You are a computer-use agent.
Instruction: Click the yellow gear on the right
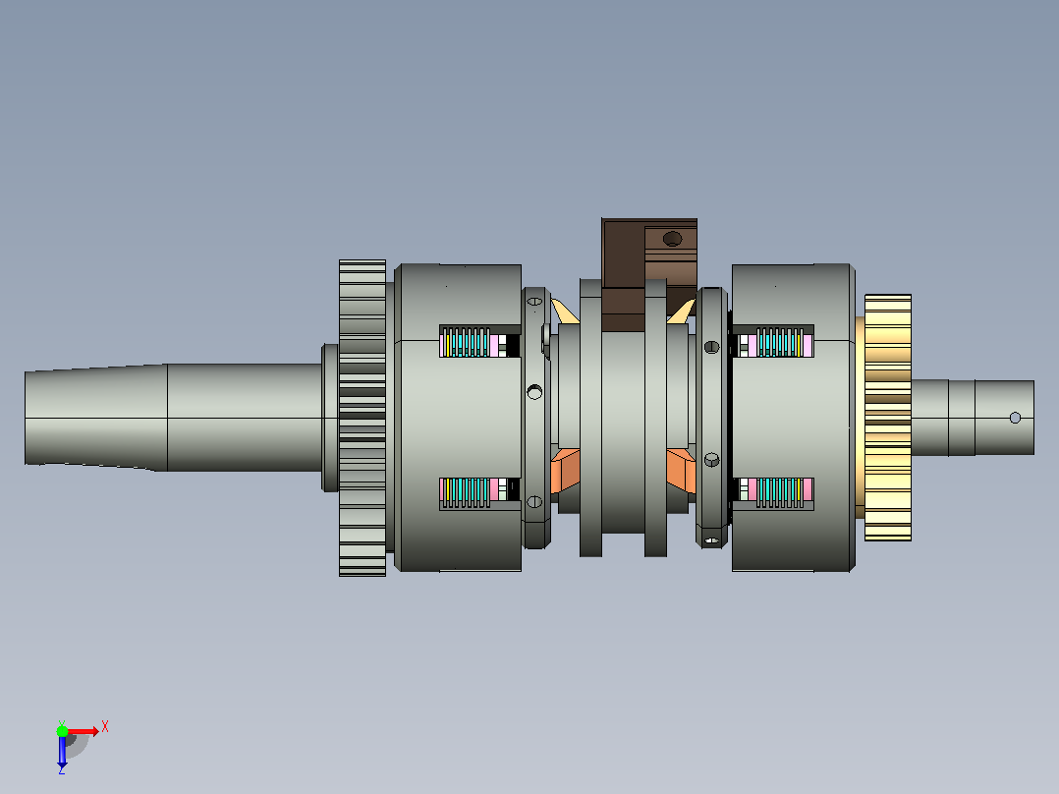(x=887, y=417)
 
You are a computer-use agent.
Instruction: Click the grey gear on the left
(x=362, y=418)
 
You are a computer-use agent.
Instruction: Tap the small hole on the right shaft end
(x=1015, y=418)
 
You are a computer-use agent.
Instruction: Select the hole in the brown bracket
(x=672, y=239)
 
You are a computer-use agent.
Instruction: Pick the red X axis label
(x=105, y=727)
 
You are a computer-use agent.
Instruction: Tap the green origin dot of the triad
(x=62, y=730)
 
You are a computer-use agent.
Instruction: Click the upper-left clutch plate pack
(x=478, y=342)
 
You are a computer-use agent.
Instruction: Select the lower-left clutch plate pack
(x=478, y=492)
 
